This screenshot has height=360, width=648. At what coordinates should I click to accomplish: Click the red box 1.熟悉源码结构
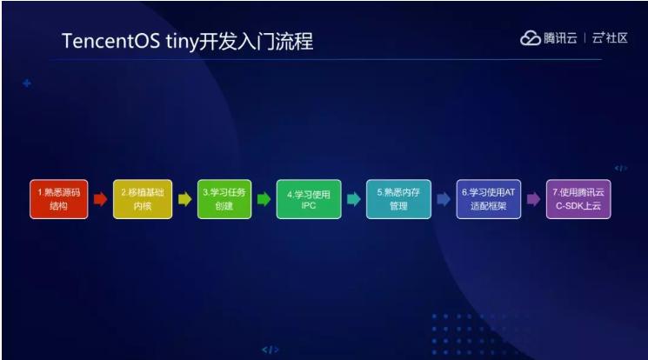tap(58, 199)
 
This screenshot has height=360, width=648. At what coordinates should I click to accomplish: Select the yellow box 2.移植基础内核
tap(143, 199)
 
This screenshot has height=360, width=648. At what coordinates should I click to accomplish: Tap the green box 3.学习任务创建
tap(224, 199)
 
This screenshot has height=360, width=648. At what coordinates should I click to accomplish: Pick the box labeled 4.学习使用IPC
tap(309, 199)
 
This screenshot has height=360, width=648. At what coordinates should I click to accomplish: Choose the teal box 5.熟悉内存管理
tap(398, 199)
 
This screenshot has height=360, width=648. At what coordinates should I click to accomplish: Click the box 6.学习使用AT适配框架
tap(488, 199)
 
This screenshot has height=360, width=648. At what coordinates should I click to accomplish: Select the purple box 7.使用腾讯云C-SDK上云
tap(578, 199)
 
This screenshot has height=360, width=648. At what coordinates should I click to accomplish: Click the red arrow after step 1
tap(100, 199)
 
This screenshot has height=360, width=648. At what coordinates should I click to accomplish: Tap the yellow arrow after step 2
tap(184, 199)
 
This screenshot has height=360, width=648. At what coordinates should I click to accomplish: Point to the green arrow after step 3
tap(264, 199)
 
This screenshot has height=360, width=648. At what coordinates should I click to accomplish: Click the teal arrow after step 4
tap(353, 199)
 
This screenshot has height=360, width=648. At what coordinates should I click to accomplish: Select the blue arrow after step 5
tap(444, 199)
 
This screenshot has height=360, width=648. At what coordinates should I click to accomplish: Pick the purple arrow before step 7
tap(533, 199)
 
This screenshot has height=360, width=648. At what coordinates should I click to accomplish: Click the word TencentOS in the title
tap(110, 42)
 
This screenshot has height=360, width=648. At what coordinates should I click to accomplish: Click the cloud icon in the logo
tap(531, 38)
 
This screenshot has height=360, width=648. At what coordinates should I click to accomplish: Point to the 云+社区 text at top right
tap(611, 38)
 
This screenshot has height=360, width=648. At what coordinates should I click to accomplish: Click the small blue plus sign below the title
tap(27, 83)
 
